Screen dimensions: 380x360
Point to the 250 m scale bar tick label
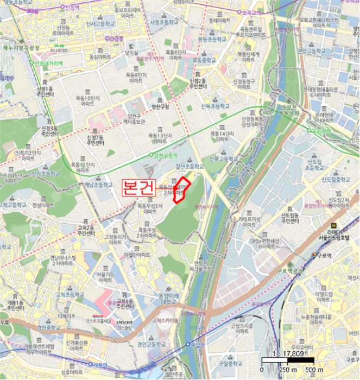point(283,370)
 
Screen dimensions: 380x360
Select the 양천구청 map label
point(161,106)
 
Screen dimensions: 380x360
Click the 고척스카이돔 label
point(166,320)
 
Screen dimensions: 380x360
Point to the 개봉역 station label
point(99,365)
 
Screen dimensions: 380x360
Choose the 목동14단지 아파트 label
point(222,136)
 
